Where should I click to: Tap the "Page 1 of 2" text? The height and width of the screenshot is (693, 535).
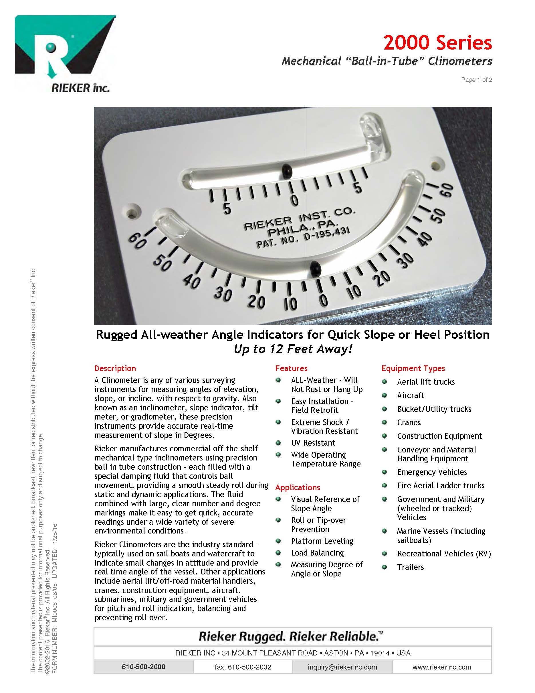pos(476,80)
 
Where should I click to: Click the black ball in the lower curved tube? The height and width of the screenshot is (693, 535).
pos(315,268)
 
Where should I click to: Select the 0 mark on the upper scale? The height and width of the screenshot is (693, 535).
pos(294,200)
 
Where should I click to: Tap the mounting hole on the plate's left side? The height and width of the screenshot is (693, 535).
pos(132,212)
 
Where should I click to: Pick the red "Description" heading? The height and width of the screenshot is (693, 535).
pos(115,368)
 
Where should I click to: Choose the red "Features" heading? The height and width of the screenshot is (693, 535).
pos(291,368)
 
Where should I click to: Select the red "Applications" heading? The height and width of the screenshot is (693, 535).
pos(298,487)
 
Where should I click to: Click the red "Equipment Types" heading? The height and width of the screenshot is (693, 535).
pos(413,368)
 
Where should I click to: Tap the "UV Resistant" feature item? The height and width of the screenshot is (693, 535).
pos(313,443)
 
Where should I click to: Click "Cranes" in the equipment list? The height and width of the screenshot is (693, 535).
pos(409,423)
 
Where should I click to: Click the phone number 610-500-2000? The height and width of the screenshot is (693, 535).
pos(144,667)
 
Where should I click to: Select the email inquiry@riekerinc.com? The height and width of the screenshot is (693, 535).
pos(342,667)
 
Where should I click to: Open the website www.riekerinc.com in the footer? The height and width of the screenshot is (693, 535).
pos(441,667)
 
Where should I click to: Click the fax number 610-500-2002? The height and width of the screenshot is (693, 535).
pos(243,667)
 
